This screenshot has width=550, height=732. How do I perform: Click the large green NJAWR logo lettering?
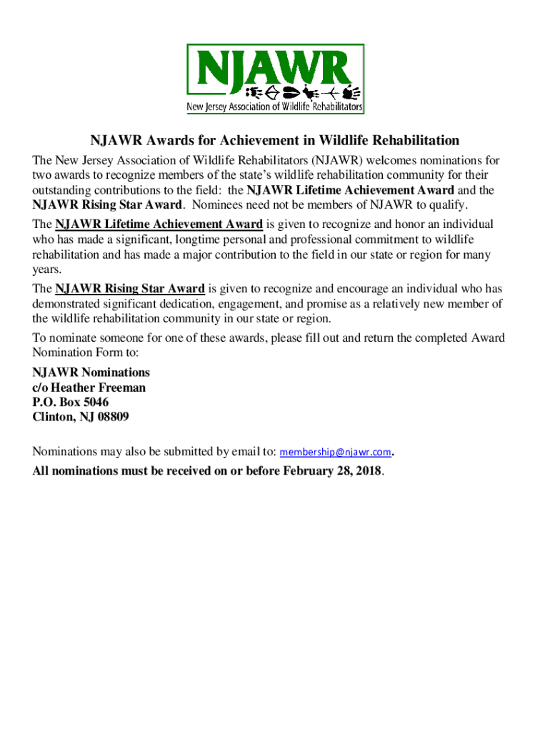point(275,67)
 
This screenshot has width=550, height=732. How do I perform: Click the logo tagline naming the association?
point(275,108)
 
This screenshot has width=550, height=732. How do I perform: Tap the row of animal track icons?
point(303,93)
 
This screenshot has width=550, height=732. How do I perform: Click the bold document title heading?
point(274,140)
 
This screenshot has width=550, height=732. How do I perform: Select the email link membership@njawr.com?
point(335,452)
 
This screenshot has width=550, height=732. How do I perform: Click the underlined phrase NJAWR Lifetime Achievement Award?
point(159,224)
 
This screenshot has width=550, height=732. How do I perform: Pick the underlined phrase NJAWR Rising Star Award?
point(130,289)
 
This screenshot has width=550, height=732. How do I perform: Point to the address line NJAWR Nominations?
point(91,372)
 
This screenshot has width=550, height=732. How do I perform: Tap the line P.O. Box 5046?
point(71,402)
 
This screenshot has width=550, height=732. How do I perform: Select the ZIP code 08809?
point(111,417)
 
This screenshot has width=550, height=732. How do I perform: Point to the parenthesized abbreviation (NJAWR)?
point(324,160)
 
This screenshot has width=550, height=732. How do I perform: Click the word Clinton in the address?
point(52,417)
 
